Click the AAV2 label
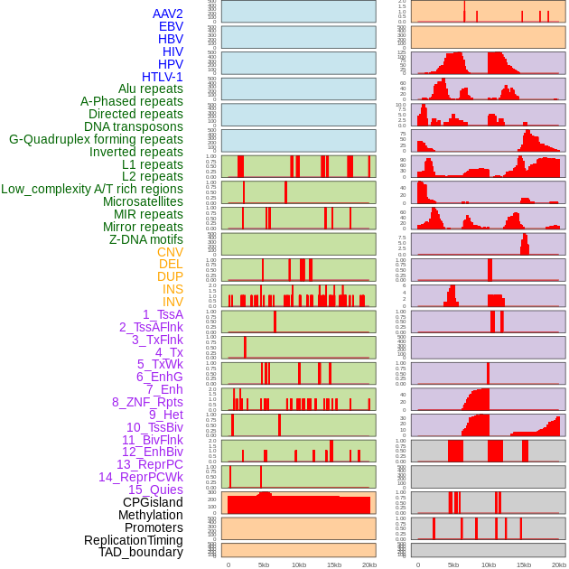[167, 14]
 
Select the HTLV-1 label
[162, 77]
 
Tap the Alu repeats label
[150, 89]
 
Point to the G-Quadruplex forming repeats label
[96, 139]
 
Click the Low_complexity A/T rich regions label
[92, 189]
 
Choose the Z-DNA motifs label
[145, 239]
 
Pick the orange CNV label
[170, 252]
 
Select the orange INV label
[173, 302]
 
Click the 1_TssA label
[163, 314]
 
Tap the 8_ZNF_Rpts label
[147, 402]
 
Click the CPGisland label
[153, 502]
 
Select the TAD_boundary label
[140, 552]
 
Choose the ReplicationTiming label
[133, 540]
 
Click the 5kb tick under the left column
[264, 564]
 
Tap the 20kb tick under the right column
[558, 564]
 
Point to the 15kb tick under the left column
[334, 564]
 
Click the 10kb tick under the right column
[488, 564]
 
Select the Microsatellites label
[143, 201]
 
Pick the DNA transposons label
[134, 126]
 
